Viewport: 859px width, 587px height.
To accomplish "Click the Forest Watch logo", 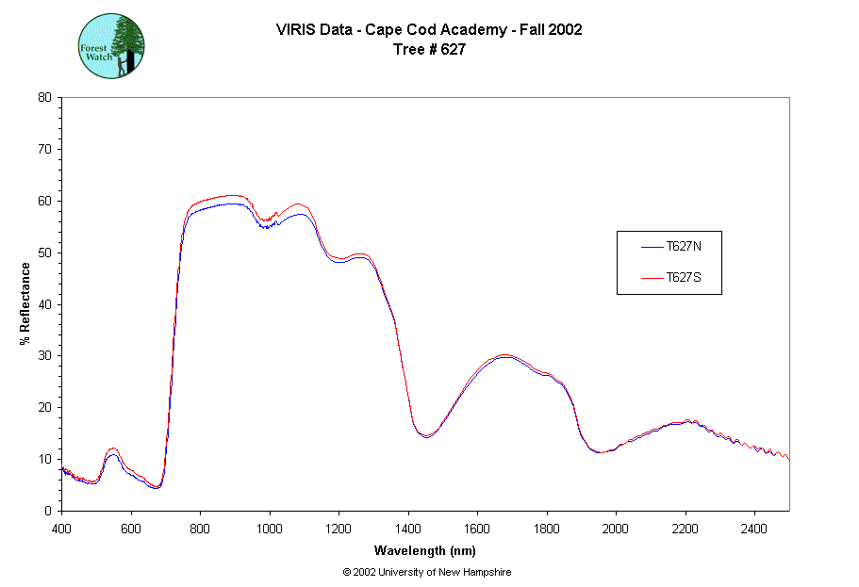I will coord(110,45).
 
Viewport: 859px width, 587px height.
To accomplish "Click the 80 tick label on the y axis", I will coord(44,97).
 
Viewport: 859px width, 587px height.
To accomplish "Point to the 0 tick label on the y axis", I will coord(48,511).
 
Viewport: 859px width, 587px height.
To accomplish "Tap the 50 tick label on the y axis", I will coord(44,253).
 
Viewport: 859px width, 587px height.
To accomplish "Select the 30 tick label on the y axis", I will coord(44,356).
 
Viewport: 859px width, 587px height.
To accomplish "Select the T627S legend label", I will coord(682,278).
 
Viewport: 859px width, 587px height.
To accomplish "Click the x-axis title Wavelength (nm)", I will coord(424,549).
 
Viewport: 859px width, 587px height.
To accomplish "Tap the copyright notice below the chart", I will coord(427,572).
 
